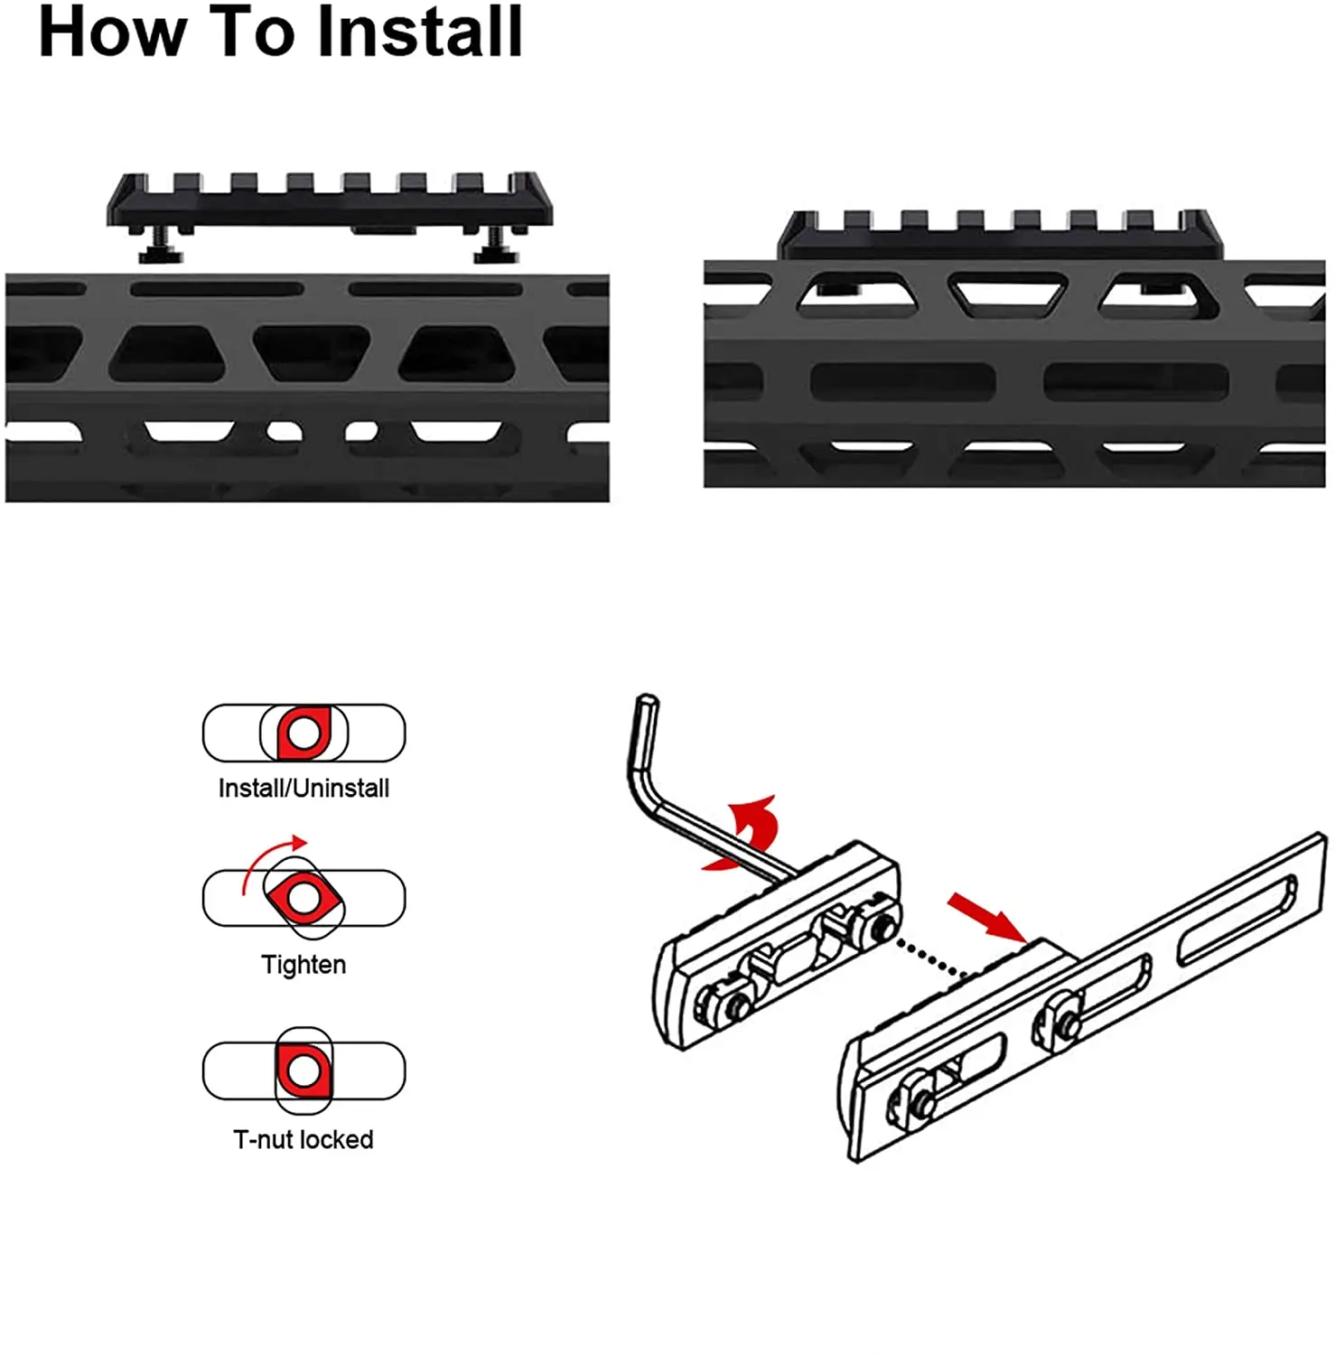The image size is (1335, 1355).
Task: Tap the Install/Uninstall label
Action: point(303,789)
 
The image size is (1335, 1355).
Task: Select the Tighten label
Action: point(303,965)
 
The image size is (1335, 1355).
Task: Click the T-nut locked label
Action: point(303,1140)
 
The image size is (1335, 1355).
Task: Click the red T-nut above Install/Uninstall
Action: point(303,733)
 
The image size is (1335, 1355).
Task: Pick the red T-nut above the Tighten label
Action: point(303,898)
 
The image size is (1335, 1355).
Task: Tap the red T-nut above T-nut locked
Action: point(303,1070)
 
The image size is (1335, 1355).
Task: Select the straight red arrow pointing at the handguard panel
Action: point(986,918)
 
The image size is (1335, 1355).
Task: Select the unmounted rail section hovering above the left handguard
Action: point(330,201)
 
